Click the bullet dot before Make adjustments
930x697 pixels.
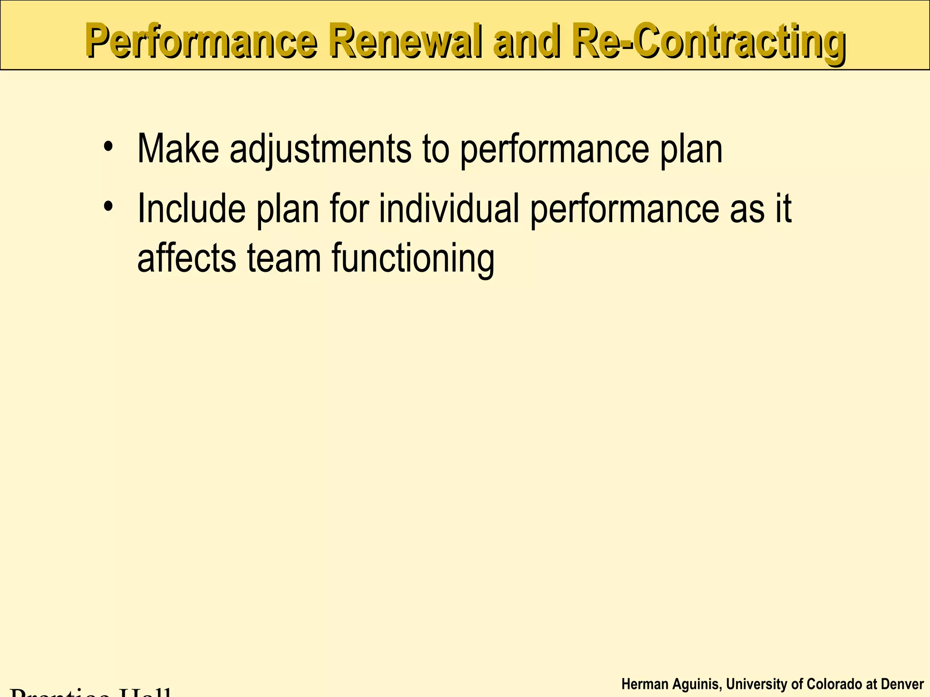(108, 147)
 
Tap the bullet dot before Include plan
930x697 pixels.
(108, 207)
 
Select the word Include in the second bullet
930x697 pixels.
(191, 208)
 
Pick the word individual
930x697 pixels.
(449, 208)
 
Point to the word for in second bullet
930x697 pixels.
(349, 208)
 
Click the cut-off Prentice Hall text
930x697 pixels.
(91, 692)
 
